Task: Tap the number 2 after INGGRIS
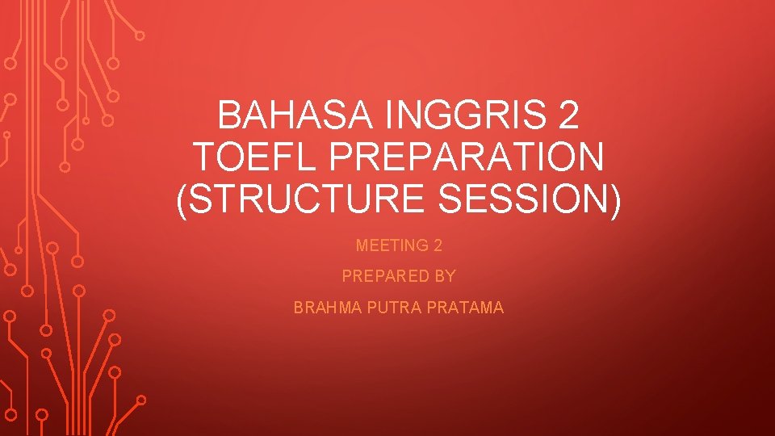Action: [x=568, y=117]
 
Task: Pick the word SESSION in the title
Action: [x=522, y=199]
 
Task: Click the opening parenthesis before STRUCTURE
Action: [x=182, y=199]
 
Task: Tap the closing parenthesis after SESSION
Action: [x=614, y=199]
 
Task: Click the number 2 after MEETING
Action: [x=437, y=245]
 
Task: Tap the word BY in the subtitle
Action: [x=445, y=276]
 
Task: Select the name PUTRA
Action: [x=392, y=308]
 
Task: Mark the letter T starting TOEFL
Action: [x=203, y=157]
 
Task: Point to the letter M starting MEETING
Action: [x=362, y=245]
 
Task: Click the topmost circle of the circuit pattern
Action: [x=140, y=36]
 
